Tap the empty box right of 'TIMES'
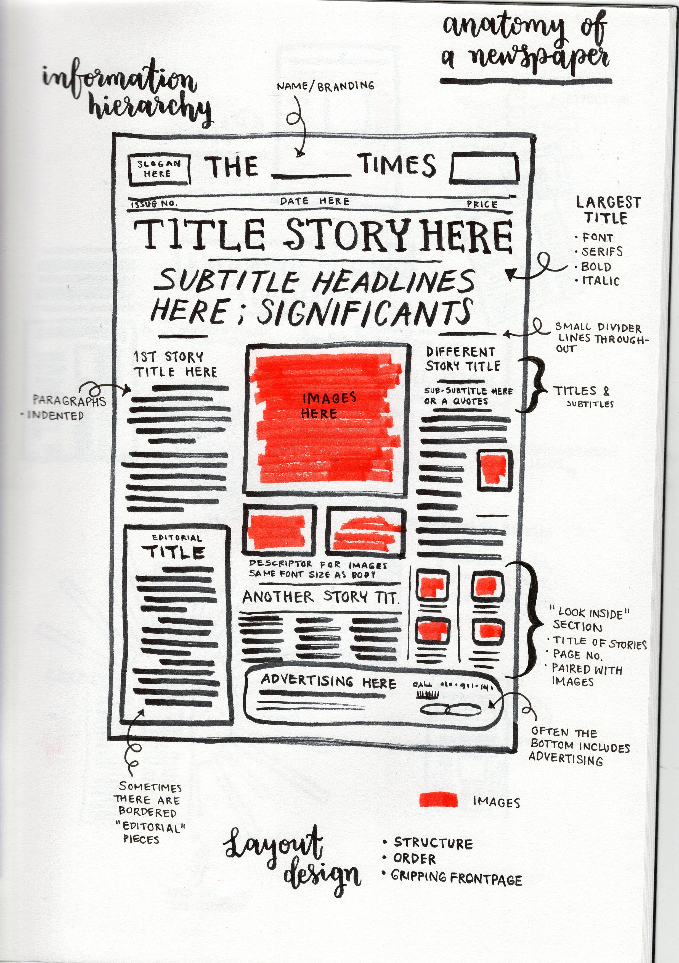point(484,168)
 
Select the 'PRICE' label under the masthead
point(482,204)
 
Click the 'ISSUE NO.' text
point(154,204)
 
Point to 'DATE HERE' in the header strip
point(314,201)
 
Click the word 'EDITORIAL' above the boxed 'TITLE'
point(176,538)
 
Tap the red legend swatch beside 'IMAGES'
point(438,799)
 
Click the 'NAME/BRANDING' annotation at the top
point(325,86)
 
